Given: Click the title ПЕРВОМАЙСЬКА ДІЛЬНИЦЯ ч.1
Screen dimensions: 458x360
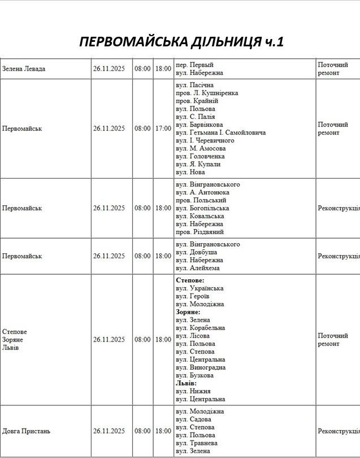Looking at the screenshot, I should (x=181, y=42).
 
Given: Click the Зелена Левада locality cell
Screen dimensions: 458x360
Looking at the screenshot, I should (x=24, y=69).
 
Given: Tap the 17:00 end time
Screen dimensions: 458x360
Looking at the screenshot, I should (x=163, y=128).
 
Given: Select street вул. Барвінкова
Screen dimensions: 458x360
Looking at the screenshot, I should (x=199, y=124).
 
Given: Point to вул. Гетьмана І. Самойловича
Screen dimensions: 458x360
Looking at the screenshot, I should (x=220, y=132).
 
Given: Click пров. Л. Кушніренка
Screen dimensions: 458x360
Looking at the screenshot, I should (x=207, y=93).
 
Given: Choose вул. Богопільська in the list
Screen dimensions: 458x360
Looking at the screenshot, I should (x=199, y=208).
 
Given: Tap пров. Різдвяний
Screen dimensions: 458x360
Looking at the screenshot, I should (x=199, y=232).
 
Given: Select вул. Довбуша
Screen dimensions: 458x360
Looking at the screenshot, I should (x=196, y=252).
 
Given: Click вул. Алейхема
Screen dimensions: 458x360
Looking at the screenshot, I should (x=198, y=268).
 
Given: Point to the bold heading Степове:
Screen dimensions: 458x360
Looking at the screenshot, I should (x=190, y=280).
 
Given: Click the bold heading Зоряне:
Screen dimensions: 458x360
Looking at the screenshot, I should (x=188, y=312).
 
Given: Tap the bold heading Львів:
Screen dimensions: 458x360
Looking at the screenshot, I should (x=186, y=383).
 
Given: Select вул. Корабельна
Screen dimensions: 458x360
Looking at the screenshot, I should (x=200, y=328).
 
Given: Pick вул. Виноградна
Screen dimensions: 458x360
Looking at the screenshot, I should (x=200, y=368).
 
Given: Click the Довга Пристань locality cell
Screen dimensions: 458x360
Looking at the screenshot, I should (x=27, y=431).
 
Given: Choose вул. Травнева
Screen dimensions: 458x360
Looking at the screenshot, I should (x=198, y=443).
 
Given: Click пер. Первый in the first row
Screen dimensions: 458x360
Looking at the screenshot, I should (x=194, y=65).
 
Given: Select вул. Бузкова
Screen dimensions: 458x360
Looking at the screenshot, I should (x=195, y=375).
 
